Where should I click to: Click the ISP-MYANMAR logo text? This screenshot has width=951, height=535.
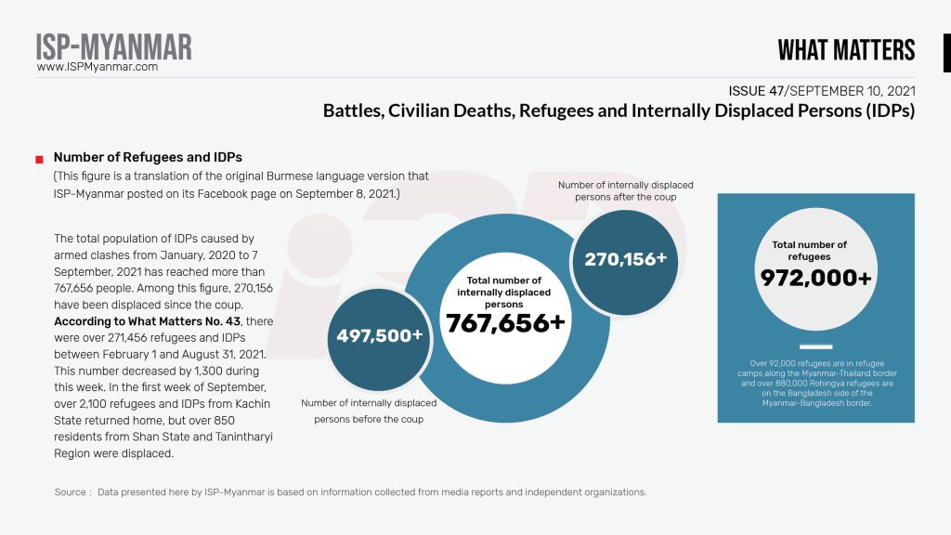pyautogui.click(x=114, y=46)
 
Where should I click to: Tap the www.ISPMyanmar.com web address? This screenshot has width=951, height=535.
pyautogui.click(x=98, y=67)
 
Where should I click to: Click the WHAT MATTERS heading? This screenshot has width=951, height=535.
pyautogui.click(x=846, y=50)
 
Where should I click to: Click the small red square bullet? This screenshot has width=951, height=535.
pyautogui.click(x=39, y=159)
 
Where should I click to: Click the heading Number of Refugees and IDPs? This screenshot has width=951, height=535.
pyautogui.click(x=148, y=157)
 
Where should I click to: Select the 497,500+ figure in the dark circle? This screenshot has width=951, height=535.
pyautogui.click(x=380, y=335)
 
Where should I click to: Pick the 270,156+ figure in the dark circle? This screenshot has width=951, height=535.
pyautogui.click(x=625, y=259)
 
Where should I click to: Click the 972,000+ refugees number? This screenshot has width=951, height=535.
pyautogui.click(x=815, y=278)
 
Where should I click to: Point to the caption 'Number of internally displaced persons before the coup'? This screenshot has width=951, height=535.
pyautogui.click(x=369, y=411)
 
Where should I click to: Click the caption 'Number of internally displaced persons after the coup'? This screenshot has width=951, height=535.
pyautogui.click(x=625, y=191)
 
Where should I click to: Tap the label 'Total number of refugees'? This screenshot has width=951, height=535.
pyautogui.click(x=810, y=251)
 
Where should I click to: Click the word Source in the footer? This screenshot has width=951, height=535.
pyautogui.click(x=71, y=492)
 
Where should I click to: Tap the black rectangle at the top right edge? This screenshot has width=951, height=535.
pyautogui.click(x=946, y=53)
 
